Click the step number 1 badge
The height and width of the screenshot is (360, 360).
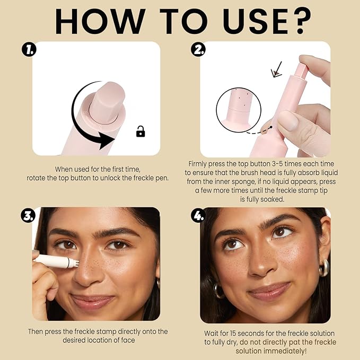pos(29,50)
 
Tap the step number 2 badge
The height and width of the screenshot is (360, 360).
pos(198,50)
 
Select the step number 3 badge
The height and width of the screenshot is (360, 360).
pos(28,216)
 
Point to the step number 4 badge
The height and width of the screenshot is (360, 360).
pos(198,216)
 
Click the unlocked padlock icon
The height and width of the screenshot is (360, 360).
pos(141,131)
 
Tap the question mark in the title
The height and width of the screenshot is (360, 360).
pos(300,21)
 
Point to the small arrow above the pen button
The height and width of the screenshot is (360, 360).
pos(277,69)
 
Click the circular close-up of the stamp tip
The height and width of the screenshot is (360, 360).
pos(239,110)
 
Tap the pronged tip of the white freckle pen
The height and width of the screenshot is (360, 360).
pos(76,262)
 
